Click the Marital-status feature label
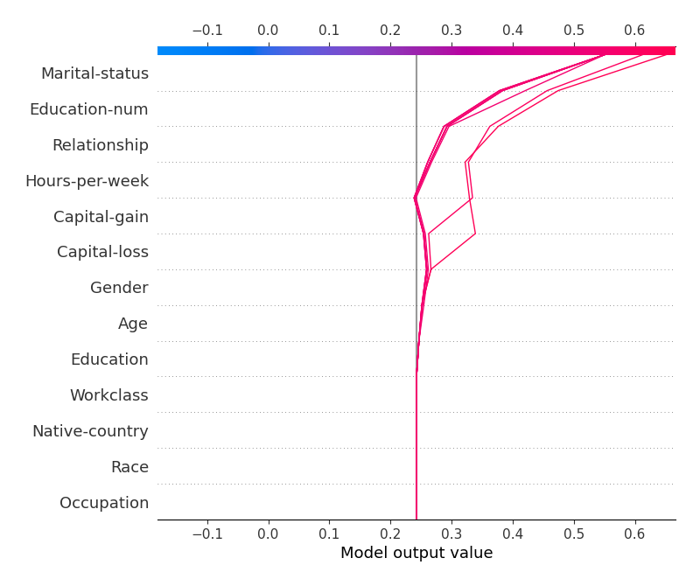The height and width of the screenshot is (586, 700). click(94, 73)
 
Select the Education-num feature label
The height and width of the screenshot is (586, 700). click(88, 109)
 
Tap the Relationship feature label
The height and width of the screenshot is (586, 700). click(100, 145)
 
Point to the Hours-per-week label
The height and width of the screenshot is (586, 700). click(87, 181)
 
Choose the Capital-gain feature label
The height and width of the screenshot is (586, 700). click(101, 217)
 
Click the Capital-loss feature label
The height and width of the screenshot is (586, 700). click(102, 252)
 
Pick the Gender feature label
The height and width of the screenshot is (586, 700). click(119, 288)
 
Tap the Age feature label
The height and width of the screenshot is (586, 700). click(133, 324)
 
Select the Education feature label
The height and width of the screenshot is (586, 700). click(109, 359)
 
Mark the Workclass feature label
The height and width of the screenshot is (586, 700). click(108, 395)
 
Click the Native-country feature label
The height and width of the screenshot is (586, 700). click(90, 431)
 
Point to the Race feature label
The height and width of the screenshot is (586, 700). click(129, 467)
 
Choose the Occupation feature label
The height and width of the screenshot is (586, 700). click(103, 503)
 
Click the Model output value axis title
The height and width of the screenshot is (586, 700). click(416, 553)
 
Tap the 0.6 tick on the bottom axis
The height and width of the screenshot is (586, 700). click(635, 532)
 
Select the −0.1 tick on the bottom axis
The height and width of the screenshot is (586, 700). click(206, 532)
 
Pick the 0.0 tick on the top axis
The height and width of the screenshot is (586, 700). click(268, 31)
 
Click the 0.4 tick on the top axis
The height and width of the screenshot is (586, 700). click(513, 31)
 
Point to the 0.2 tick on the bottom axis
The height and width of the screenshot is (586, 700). click(390, 532)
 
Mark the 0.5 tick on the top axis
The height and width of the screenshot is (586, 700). click(574, 31)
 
